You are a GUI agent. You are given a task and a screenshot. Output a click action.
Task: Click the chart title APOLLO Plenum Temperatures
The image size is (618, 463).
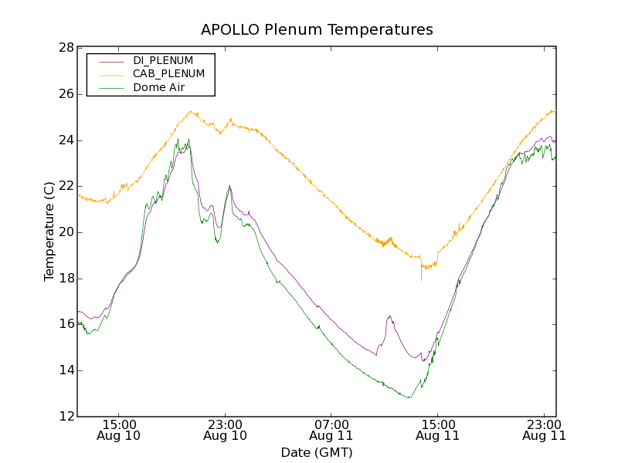(317, 30)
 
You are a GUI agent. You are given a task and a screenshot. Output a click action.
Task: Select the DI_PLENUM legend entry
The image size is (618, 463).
(163, 60)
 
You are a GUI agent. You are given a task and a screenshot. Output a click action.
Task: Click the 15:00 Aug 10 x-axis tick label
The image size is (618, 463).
(119, 430)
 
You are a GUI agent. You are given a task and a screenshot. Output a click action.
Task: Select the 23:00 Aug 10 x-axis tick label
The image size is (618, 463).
(225, 430)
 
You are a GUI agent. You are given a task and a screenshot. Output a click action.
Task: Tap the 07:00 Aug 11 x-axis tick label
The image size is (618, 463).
(331, 430)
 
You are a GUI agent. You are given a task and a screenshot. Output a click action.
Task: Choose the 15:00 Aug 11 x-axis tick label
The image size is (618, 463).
(437, 430)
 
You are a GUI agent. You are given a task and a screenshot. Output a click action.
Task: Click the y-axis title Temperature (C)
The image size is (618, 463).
(49, 231)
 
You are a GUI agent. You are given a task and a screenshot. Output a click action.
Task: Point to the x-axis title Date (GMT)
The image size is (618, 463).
(317, 452)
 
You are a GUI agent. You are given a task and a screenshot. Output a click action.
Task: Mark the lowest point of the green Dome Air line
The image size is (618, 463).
(409, 397)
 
